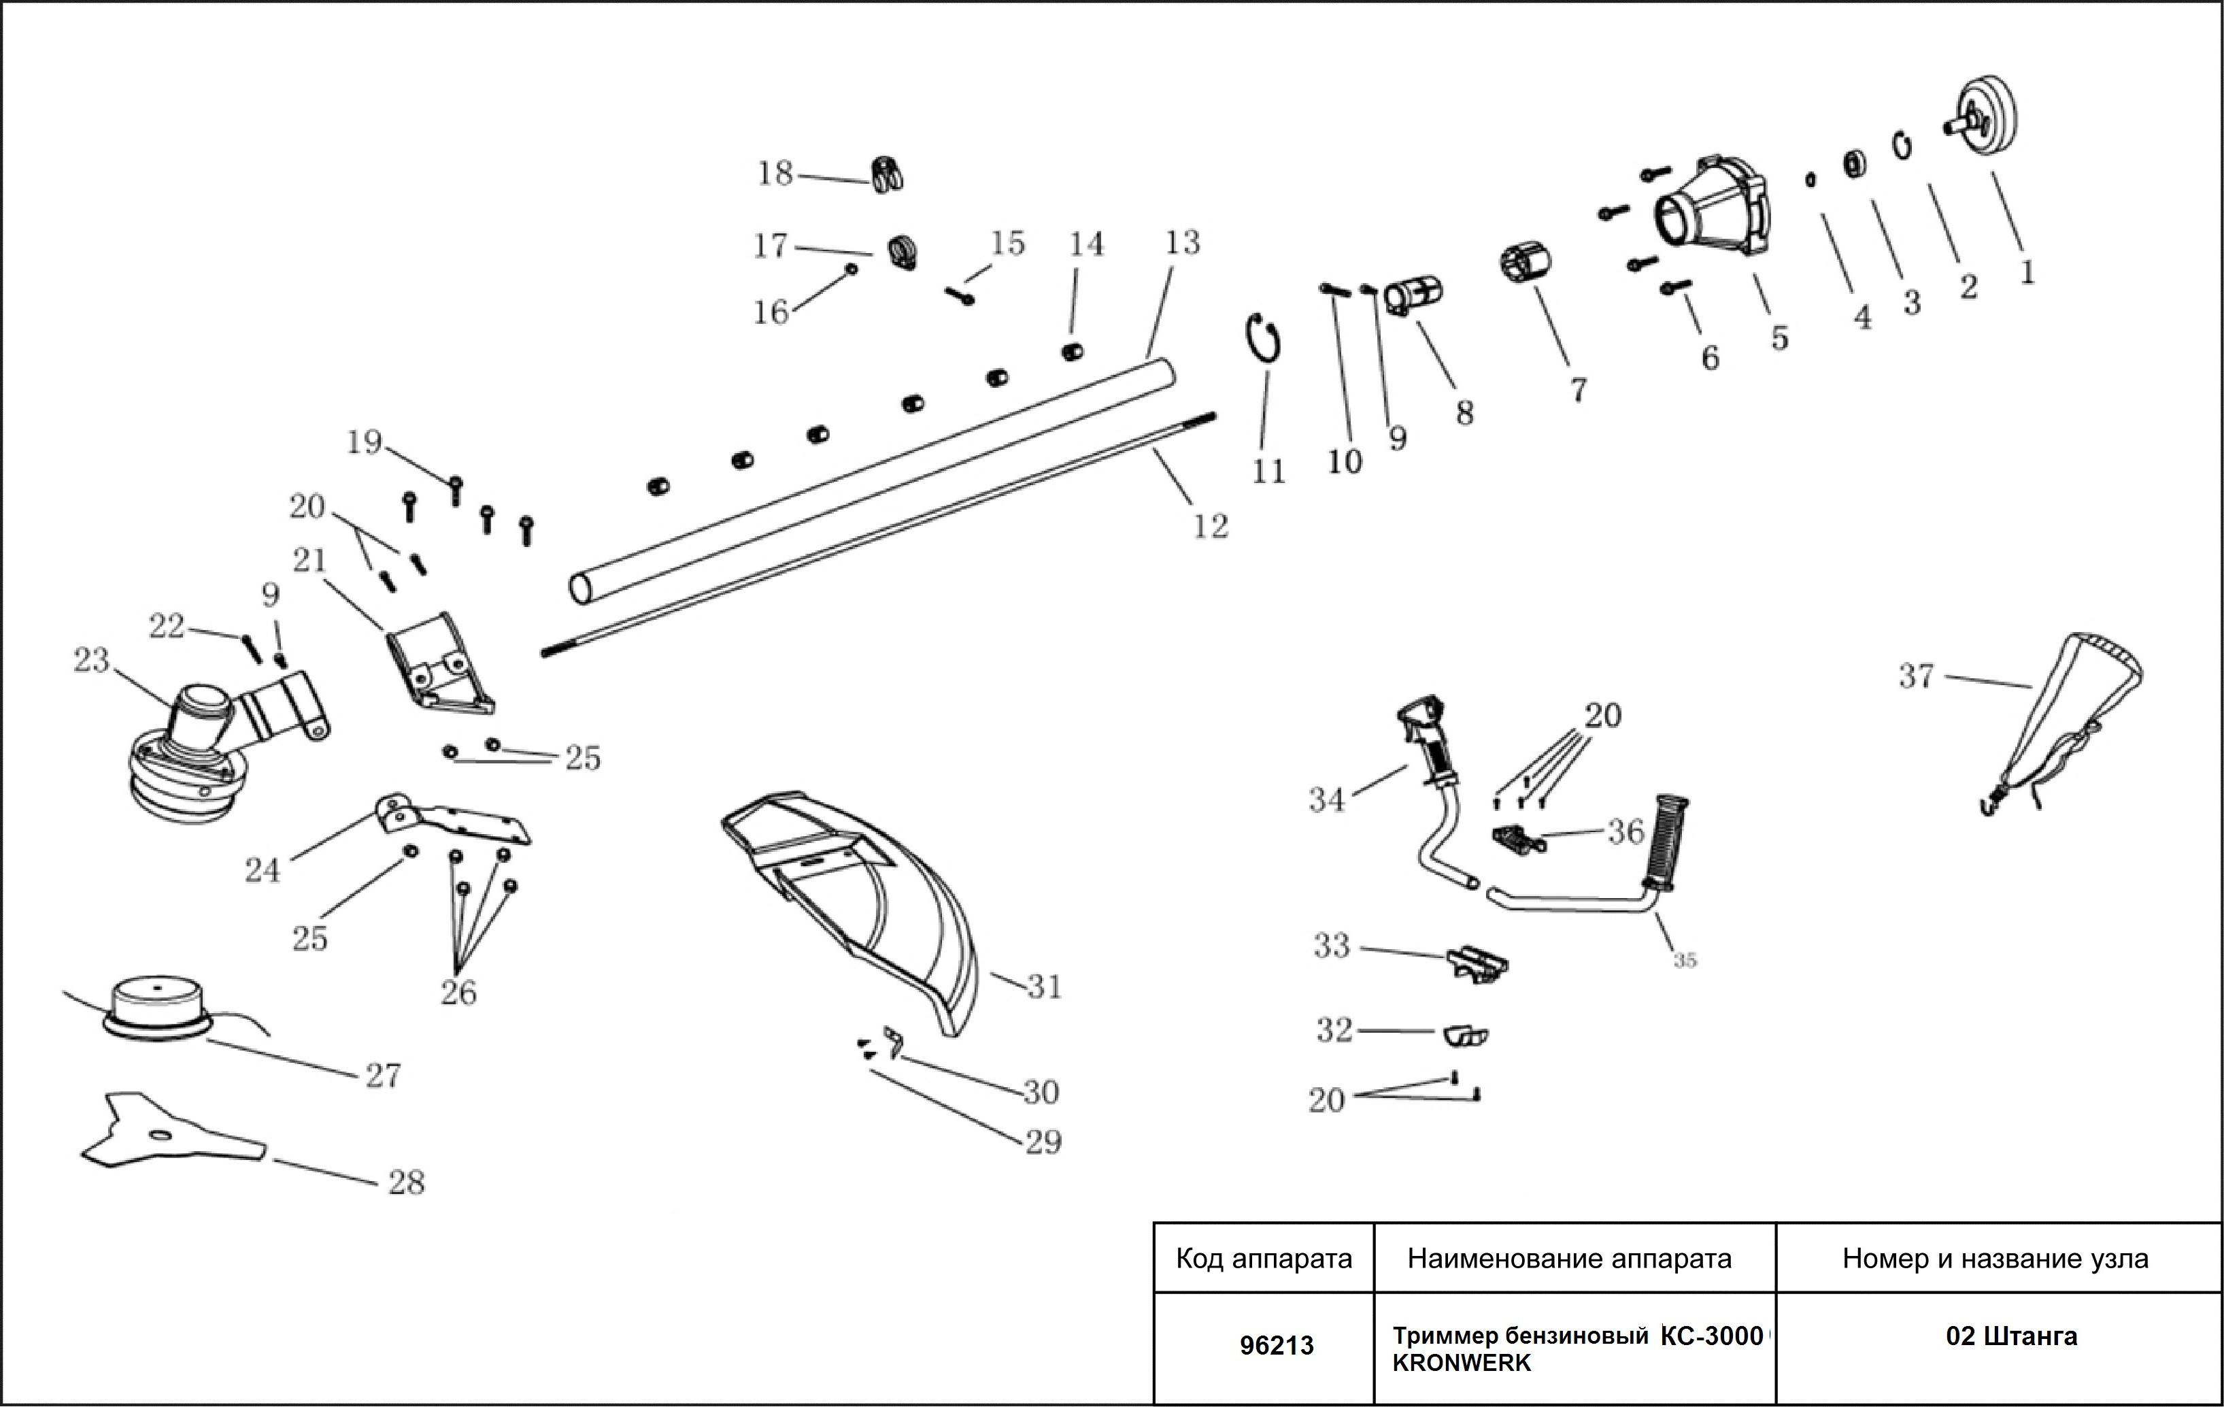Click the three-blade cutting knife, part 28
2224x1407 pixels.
pos(166,1131)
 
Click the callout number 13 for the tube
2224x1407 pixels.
pos(1181,243)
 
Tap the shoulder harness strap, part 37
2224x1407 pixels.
pos(2069,721)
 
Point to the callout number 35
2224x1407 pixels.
pos(1685,961)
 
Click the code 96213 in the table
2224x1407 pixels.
pos(1277,1345)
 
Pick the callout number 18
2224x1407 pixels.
pos(775,173)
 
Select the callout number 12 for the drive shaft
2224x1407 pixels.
pos(1210,526)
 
